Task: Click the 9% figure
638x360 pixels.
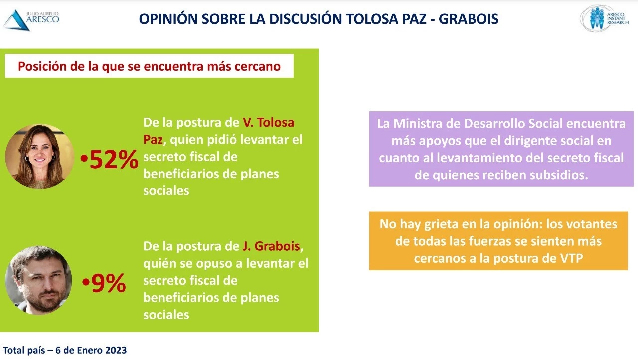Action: coord(109,283)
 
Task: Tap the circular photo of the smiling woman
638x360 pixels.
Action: coord(39,157)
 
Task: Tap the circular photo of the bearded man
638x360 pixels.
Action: coord(39,280)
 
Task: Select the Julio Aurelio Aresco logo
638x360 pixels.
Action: coord(31,20)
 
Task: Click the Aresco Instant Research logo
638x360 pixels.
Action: coord(605,18)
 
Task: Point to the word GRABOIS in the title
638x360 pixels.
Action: coord(469,19)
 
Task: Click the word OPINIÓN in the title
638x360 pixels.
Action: coord(168,19)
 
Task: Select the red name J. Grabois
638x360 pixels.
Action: coord(271,246)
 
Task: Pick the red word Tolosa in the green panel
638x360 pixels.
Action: coord(276,122)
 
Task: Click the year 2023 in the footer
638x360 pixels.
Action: coord(116,350)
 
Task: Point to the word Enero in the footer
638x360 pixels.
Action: coord(89,350)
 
